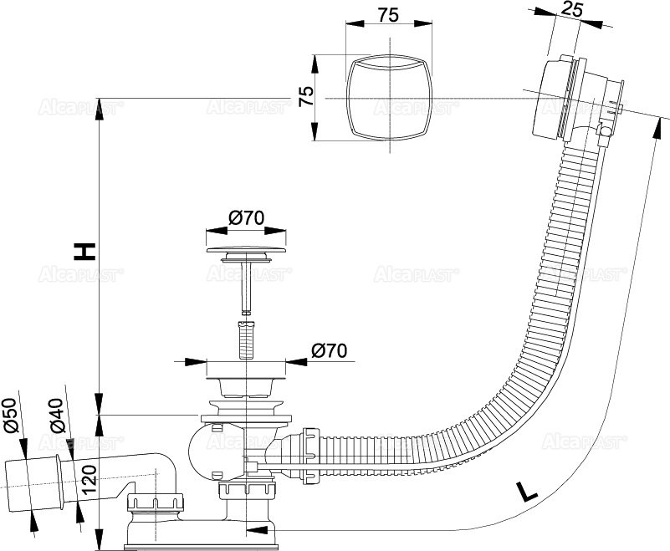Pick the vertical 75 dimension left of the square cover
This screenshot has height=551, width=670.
tap(307, 97)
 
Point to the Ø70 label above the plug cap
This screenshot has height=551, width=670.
tap(247, 219)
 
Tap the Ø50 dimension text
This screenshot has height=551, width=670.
tap(11, 416)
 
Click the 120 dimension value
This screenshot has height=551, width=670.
tap(90, 482)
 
